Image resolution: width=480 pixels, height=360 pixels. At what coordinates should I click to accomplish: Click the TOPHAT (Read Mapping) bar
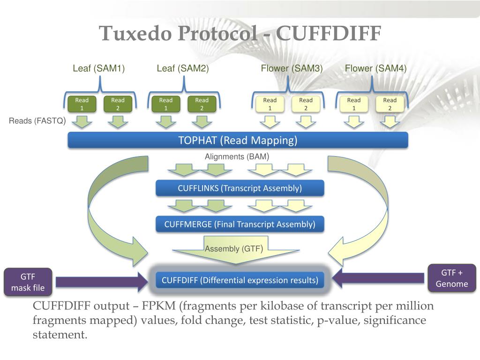(x=238, y=140)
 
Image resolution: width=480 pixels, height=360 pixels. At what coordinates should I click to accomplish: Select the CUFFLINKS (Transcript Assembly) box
(x=240, y=188)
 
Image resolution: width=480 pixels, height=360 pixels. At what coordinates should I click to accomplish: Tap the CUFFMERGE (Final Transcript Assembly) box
(x=240, y=224)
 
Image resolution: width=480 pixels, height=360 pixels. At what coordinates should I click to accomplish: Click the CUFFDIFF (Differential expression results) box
(x=240, y=280)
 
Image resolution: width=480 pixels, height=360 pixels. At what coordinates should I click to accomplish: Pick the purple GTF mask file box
(x=28, y=282)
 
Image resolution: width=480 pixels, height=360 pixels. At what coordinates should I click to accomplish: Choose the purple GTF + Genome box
(x=452, y=278)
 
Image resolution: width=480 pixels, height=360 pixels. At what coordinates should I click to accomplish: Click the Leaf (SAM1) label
(x=99, y=68)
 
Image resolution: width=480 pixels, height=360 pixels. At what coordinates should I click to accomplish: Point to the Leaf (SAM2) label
(x=183, y=68)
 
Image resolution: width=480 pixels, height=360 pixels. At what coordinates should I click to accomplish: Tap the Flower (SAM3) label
(x=292, y=68)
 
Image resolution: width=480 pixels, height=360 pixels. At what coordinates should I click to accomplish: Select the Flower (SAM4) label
(x=375, y=68)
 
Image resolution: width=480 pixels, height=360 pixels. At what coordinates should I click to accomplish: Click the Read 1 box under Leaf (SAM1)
(x=82, y=104)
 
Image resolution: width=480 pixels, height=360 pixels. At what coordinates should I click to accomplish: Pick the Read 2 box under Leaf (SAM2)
(x=202, y=104)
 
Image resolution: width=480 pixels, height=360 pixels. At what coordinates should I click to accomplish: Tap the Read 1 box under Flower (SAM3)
(x=270, y=104)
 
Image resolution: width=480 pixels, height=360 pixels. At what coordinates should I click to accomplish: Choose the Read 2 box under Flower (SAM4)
(x=390, y=104)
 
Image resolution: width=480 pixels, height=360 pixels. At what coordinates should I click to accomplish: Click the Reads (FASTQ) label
(x=37, y=121)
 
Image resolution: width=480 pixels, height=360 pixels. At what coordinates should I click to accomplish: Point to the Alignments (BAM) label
(x=237, y=157)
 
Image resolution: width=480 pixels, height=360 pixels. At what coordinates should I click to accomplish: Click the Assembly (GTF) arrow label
(x=234, y=248)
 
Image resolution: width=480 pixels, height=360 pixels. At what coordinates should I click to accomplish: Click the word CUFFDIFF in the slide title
(x=329, y=33)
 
